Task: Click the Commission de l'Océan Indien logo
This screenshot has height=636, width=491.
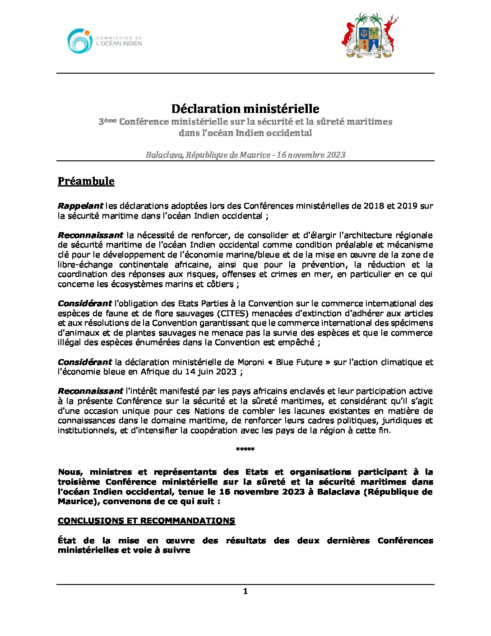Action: [104, 41]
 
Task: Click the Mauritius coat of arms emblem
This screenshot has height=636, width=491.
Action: [369, 36]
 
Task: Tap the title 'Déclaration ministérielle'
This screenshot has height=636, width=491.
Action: [245, 109]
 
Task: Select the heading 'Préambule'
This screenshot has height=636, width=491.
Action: [86, 181]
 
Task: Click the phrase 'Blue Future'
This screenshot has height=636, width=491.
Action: [299, 362]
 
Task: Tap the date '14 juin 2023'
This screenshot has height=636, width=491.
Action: [211, 372]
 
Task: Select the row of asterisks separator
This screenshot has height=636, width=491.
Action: [245, 449]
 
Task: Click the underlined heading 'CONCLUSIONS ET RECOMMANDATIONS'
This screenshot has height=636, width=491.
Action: [146, 521]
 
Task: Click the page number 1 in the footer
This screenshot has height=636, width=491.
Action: [245, 591]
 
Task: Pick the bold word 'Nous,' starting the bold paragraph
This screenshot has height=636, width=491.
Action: [70, 472]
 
